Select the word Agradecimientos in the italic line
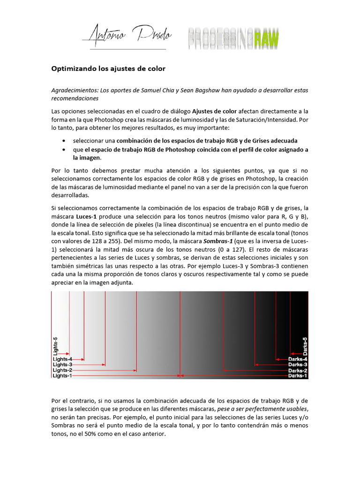coord(75,90)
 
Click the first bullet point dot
coord(64,141)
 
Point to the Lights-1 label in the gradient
coord(62,375)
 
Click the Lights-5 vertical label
coord(55,345)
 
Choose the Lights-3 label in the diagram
coord(62,364)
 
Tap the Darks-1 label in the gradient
coord(298,375)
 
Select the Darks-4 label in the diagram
coord(298,359)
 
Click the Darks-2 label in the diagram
coord(298,370)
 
